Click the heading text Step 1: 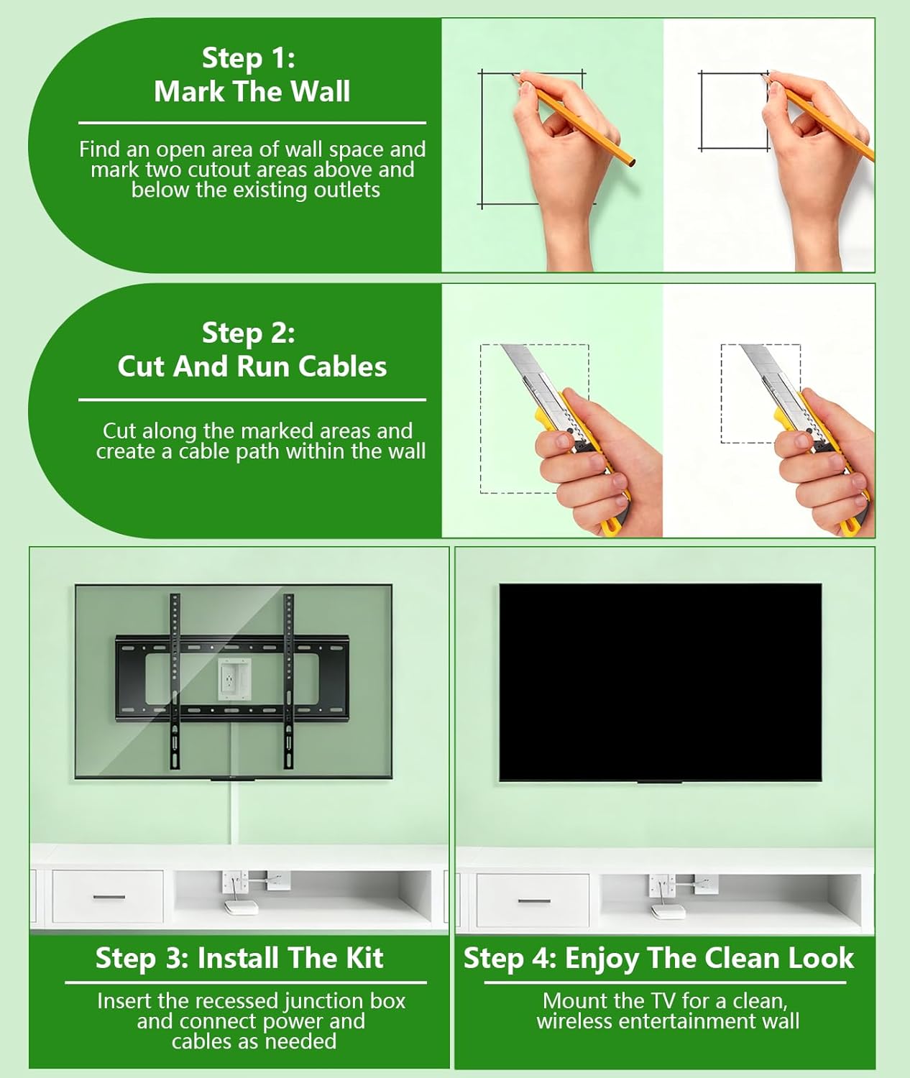click(x=248, y=58)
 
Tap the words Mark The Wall click(x=252, y=92)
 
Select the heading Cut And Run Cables click(x=252, y=367)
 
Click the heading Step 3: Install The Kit click(x=239, y=959)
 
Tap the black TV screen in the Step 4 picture click(x=660, y=681)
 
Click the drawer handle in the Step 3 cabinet click(x=109, y=897)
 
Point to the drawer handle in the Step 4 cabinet click(x=534, y=900)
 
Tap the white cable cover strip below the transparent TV click(x=234, y=812)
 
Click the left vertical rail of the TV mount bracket click(x=175, y=683)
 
